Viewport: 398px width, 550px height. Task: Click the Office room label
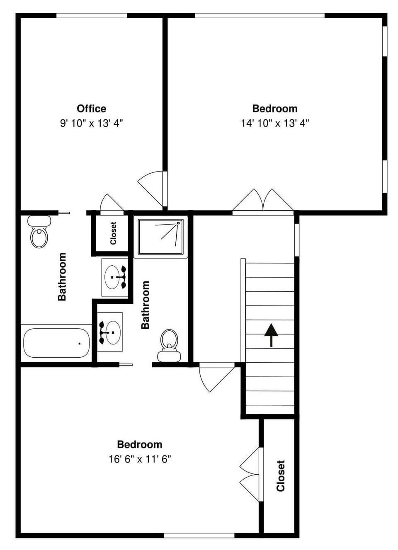pyautogui.click(x=92, y=109)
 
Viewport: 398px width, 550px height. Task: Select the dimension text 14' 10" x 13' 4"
pyautogui.click(x=275, y=123)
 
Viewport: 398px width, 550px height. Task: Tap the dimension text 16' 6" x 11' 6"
pyautogui.click(x=140, y=459)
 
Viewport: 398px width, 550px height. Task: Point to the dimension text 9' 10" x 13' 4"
pyautogui.click(x=92, y=123)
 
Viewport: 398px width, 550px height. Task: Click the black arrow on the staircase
pyautogui.click(x=271, y=334)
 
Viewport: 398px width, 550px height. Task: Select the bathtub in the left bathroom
pyautogui.click(x=56, y=343)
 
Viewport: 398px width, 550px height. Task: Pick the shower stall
pyautogui.click(x=160, y=237)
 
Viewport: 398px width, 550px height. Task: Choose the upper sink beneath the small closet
pyautogui.click(x=114, y=277)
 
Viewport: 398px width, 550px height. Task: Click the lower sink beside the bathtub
pyautogui.click(x=110, y=332)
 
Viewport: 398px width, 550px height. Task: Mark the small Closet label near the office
pyautogui.click(x=113, y=233)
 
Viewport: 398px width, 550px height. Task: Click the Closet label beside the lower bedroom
pyautogui.click(x=281, y=476)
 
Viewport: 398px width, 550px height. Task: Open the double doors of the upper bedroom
pyautogui.click(x=263, y=201)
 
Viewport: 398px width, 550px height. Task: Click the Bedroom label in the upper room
pyautogui.click(x=275, y=109)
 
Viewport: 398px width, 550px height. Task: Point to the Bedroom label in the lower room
pyautogui.click(x=140, y=444)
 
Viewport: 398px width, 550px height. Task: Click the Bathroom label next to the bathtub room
pyautogui.click(x=62, y=276)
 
